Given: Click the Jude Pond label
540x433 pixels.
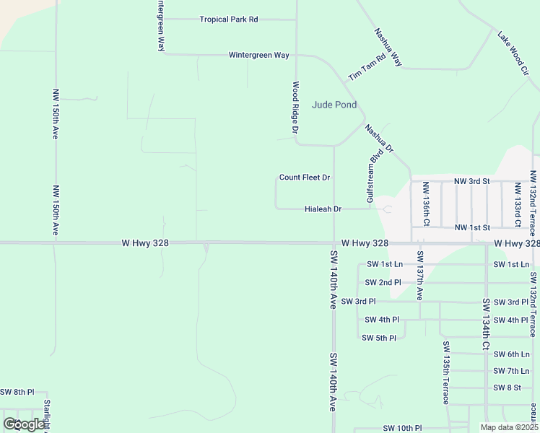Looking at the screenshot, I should (x=334, y=105).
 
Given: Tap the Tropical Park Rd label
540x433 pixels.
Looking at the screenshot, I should (x=229, y=19).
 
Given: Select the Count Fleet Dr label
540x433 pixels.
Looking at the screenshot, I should (x=305, y=178).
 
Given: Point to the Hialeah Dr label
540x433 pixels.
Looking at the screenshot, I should (x=323, y=209).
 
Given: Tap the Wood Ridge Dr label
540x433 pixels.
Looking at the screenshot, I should (x=295, y=108).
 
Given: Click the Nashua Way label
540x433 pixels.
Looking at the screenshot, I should (x=388, y=48).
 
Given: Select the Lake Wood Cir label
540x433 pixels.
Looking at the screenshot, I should (x=513, y=47).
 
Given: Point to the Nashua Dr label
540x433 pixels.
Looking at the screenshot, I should (x=379, y=139).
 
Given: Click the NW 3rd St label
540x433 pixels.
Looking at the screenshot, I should (x=471, y=180).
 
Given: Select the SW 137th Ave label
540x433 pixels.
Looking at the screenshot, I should (x=419, y=276).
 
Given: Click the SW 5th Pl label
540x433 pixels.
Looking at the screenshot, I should (x=379, y=338).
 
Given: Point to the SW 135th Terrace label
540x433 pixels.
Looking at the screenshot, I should (x=447, y=382).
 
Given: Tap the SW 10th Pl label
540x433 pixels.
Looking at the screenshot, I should (x=402, y=428).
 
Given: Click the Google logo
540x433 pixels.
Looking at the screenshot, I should (x=24, y=424).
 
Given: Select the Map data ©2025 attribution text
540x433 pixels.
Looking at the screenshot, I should (x=508, y=427).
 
